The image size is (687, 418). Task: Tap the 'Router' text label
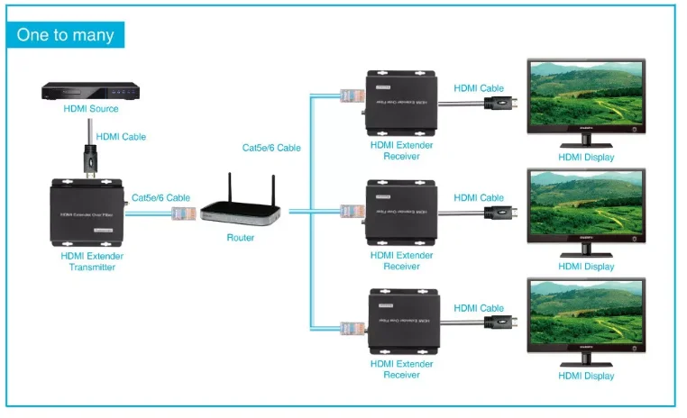tap(241, 238)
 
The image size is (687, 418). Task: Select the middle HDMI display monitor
tap(586, 209)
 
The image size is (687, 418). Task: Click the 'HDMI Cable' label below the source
tap(121, 137)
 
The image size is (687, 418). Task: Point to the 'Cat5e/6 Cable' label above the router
tap(271, 148)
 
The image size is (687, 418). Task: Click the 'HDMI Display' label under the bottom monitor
tap(586, 376)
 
